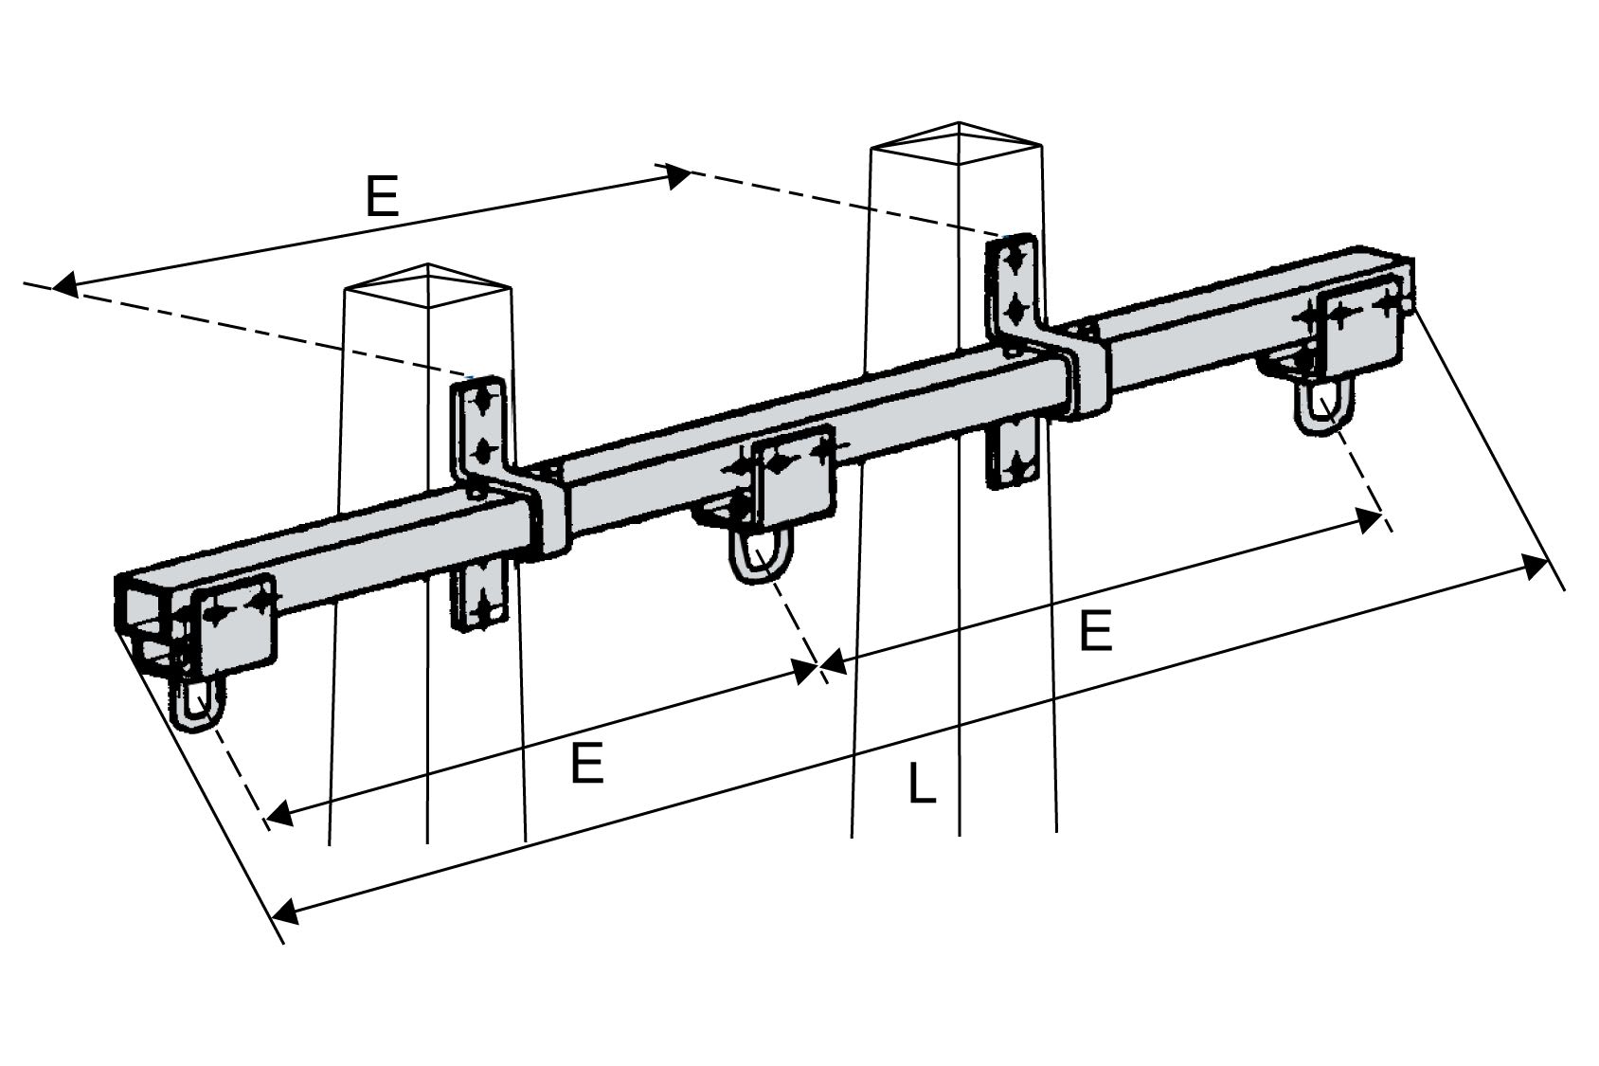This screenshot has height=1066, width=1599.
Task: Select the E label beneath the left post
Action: click(x=587, y=764)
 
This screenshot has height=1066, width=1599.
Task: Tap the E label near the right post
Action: click(x=1095, y=632)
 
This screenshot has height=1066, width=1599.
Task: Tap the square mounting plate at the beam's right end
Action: click(x=1362, y=327)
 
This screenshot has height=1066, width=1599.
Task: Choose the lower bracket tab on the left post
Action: click(x=482, y=594)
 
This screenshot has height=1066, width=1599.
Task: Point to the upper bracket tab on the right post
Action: click(x=1015, y=283)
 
